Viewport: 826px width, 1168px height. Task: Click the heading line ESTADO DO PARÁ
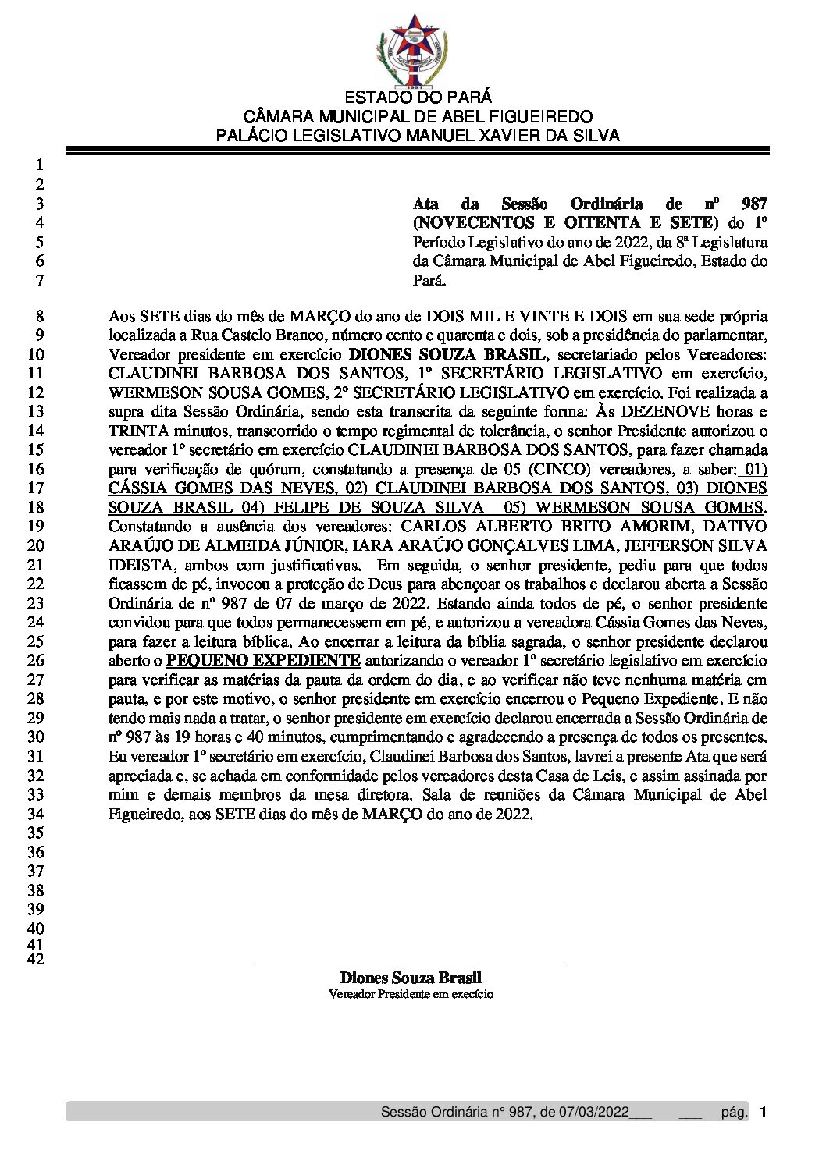(418, 98)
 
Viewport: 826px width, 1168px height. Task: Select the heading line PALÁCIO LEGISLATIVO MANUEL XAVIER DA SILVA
(418, 136)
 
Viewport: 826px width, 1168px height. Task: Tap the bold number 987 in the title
(754, 204)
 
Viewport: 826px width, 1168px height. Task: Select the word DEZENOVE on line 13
(668, 412)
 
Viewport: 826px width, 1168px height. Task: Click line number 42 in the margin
(36, 960)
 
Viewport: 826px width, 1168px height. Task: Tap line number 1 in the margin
(40, 165)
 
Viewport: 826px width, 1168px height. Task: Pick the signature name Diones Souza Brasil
(411, 978)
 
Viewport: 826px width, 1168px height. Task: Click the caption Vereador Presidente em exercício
(411, 995)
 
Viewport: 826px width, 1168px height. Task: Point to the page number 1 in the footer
(763, 1112)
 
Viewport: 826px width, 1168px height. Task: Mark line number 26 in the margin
(36, 660)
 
